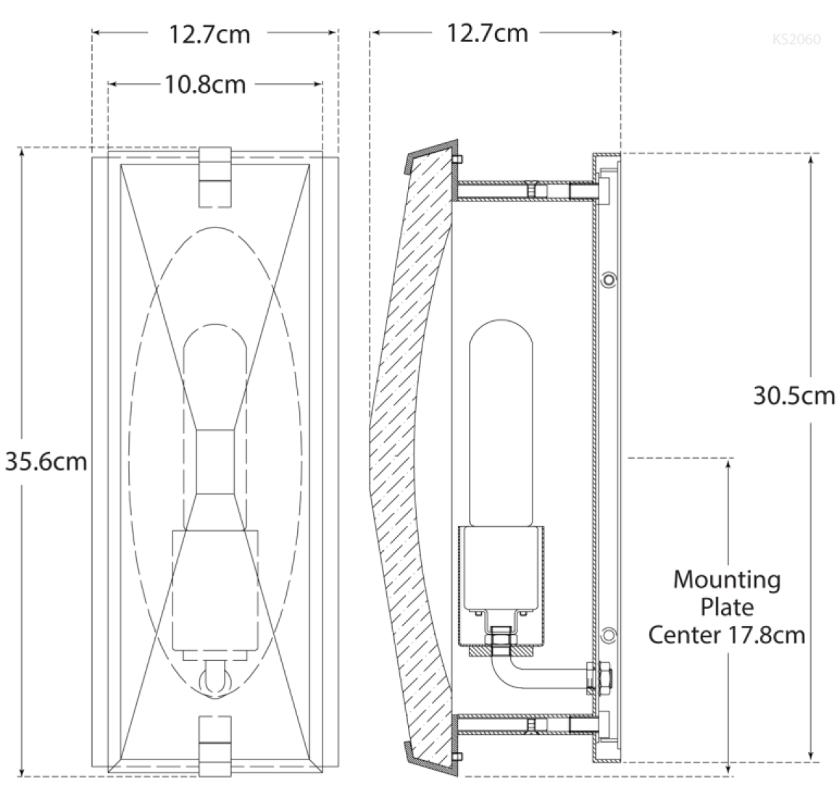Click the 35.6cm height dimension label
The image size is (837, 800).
click(46, 462)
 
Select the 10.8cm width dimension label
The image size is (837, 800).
click(206, 85)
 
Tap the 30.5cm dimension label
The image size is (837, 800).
click(794, 396)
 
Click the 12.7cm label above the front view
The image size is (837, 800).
click(209, 35)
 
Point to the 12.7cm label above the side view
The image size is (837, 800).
click(488, 33)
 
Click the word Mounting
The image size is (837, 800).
click(727, 580)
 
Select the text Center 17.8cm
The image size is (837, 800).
click(727, 635)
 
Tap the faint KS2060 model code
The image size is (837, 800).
click(796, 40)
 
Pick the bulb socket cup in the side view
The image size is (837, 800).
click(501, 584)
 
